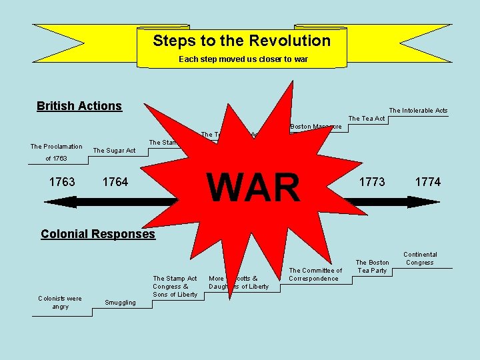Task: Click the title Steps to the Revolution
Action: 241,41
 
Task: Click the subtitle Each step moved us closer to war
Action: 243,59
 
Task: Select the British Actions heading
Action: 79,106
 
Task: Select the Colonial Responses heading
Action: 97,234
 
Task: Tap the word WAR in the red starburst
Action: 254,187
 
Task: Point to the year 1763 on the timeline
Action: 62,182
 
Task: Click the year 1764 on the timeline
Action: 115,182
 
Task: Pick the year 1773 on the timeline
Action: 372,182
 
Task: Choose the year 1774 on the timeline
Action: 427,182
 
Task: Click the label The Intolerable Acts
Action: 418,111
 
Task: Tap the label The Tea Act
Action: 367,119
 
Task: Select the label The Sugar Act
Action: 113,151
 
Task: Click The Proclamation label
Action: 57,147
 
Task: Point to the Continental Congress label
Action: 420,259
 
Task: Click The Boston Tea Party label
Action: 372,267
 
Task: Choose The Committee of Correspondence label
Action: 315,275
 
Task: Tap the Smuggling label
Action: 120,303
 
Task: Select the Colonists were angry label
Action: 60,303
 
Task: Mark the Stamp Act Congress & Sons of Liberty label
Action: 175,287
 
